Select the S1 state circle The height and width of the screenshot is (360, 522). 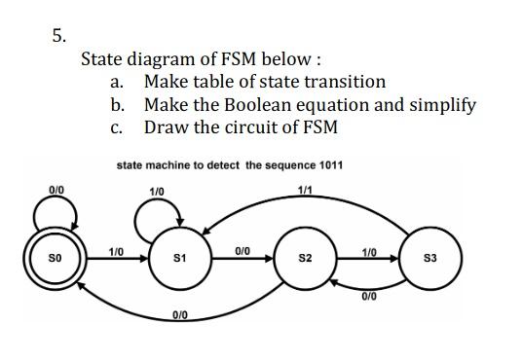coord(178,259)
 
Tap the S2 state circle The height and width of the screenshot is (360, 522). coord(306,259)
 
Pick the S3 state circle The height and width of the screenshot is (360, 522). coord(430,258)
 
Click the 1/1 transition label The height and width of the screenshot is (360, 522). coord(306,189)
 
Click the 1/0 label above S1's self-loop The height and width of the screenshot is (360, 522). coord(157,189)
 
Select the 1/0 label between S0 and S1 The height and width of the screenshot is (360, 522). coord(115,251)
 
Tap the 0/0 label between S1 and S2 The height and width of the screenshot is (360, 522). coord(242,251)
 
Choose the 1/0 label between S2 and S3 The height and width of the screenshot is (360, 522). coord(369,251)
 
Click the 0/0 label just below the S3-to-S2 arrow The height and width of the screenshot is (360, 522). coord(368,295)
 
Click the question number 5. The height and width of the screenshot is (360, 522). coord(58,36)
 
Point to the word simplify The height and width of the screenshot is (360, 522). coord(438,105)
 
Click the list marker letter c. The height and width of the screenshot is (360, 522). coord(116,127)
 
